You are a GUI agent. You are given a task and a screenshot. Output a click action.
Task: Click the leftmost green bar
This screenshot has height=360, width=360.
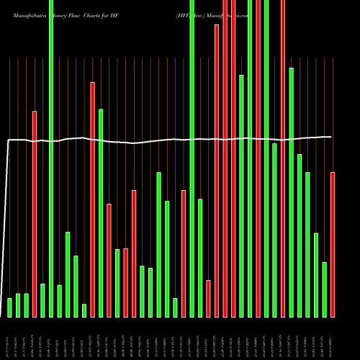pyautogui.click(x=9, y=307)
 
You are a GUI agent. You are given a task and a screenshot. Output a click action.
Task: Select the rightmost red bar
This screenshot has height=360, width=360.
pyautogui.click(x=333, y=245)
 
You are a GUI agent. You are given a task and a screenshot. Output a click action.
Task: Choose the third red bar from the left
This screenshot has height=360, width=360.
pyautogui.click(x=109, y=260)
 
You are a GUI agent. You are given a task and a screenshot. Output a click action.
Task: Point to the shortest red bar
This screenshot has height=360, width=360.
pyautogui.click(x=208, y=298)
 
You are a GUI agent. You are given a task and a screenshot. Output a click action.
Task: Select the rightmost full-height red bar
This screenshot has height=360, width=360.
pyautogui.click(x=283, y=158)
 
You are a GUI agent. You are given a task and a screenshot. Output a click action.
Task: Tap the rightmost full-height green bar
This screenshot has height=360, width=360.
pyautogui.click(x=266, y=158)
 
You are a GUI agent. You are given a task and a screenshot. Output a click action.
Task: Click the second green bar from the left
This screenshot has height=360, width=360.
pyautogui.click(x=18, y=305)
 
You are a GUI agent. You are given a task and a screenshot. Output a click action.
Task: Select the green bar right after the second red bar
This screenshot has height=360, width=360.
pyautogui.click(x=101, y=213)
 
